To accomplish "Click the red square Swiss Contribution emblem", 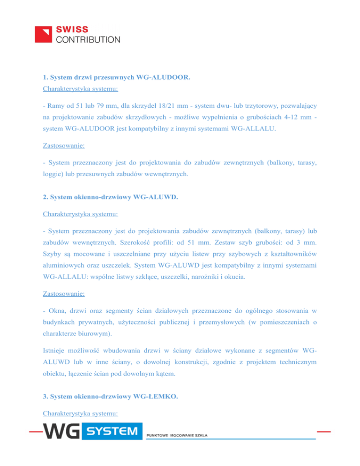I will (45, 34).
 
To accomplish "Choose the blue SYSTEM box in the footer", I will (113, 430).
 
